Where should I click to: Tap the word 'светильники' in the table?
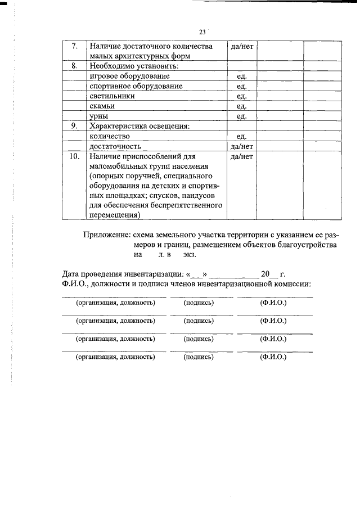point(112,96)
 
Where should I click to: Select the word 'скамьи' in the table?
point(102,106)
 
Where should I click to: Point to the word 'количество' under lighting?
point(110,136)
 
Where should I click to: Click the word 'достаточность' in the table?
point(115,146)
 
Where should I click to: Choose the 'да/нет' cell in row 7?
point(242,46)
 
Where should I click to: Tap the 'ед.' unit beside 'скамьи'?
point(242,106)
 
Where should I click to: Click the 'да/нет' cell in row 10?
point(242,156)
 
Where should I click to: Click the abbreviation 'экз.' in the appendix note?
point(190,255)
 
